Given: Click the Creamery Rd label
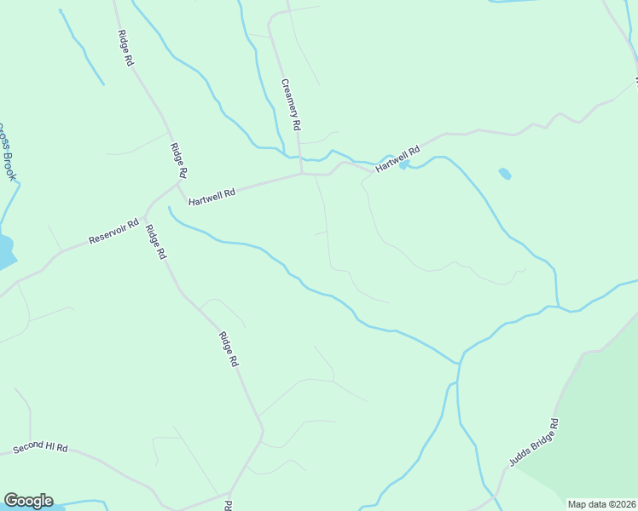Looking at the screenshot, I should click(292, 104).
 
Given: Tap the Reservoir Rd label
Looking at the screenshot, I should click(113, 232).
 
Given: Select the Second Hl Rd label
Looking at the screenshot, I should click(39, 448).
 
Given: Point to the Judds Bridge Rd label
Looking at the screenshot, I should click(533, 443).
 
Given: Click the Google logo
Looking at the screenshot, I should click(28, 501).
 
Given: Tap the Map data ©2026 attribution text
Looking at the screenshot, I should click(601, 504).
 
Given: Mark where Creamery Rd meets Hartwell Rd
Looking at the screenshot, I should click(301, 174).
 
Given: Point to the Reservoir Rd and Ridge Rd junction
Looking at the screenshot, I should click(146, 212).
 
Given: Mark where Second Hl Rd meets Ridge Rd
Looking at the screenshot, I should click(229, 492).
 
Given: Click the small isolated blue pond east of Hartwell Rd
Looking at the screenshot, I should click(504, 174).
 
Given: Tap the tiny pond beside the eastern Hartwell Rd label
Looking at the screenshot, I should click(403, 164).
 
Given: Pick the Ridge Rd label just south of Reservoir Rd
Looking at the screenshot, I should click(155, 242).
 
